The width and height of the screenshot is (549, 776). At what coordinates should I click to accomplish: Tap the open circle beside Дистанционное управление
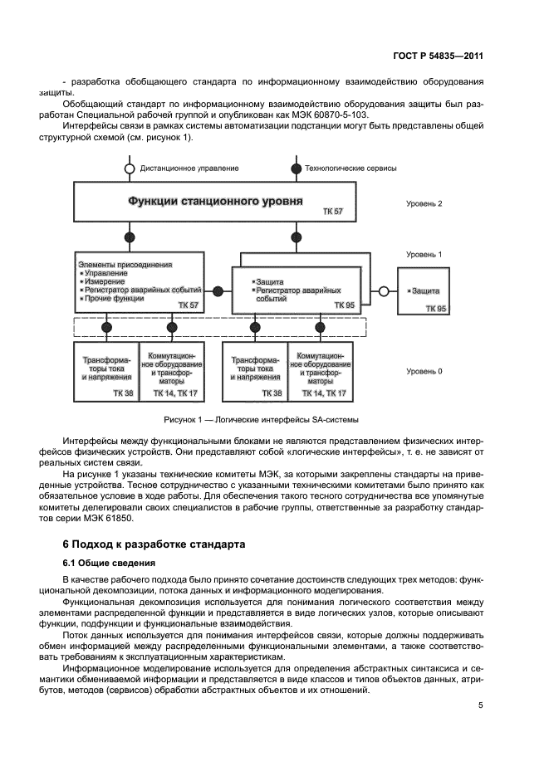(x=129, y=168)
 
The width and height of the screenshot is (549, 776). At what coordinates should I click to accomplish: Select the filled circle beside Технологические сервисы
(x=297, y=168)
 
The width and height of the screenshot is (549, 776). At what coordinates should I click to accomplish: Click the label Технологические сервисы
(x=351, y=168)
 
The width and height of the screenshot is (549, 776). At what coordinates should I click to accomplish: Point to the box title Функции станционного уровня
(x=214, y=201)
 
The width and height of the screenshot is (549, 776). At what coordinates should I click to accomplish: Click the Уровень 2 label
(x=424, y=203)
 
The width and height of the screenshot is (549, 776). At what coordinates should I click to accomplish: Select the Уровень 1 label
(x=424, y=255)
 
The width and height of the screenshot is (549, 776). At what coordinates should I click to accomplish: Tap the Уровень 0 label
(x=424, y=372)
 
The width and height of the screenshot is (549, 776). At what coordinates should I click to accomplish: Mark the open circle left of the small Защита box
(x=384, y=291)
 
